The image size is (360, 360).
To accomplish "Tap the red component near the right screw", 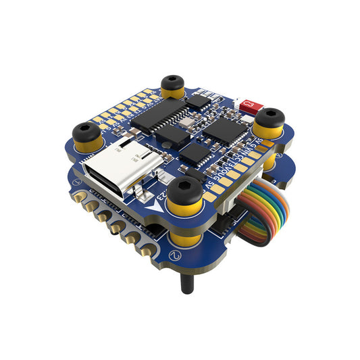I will click(x=251, y=105).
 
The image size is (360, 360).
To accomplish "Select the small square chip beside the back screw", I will click(x=199, y=101).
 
